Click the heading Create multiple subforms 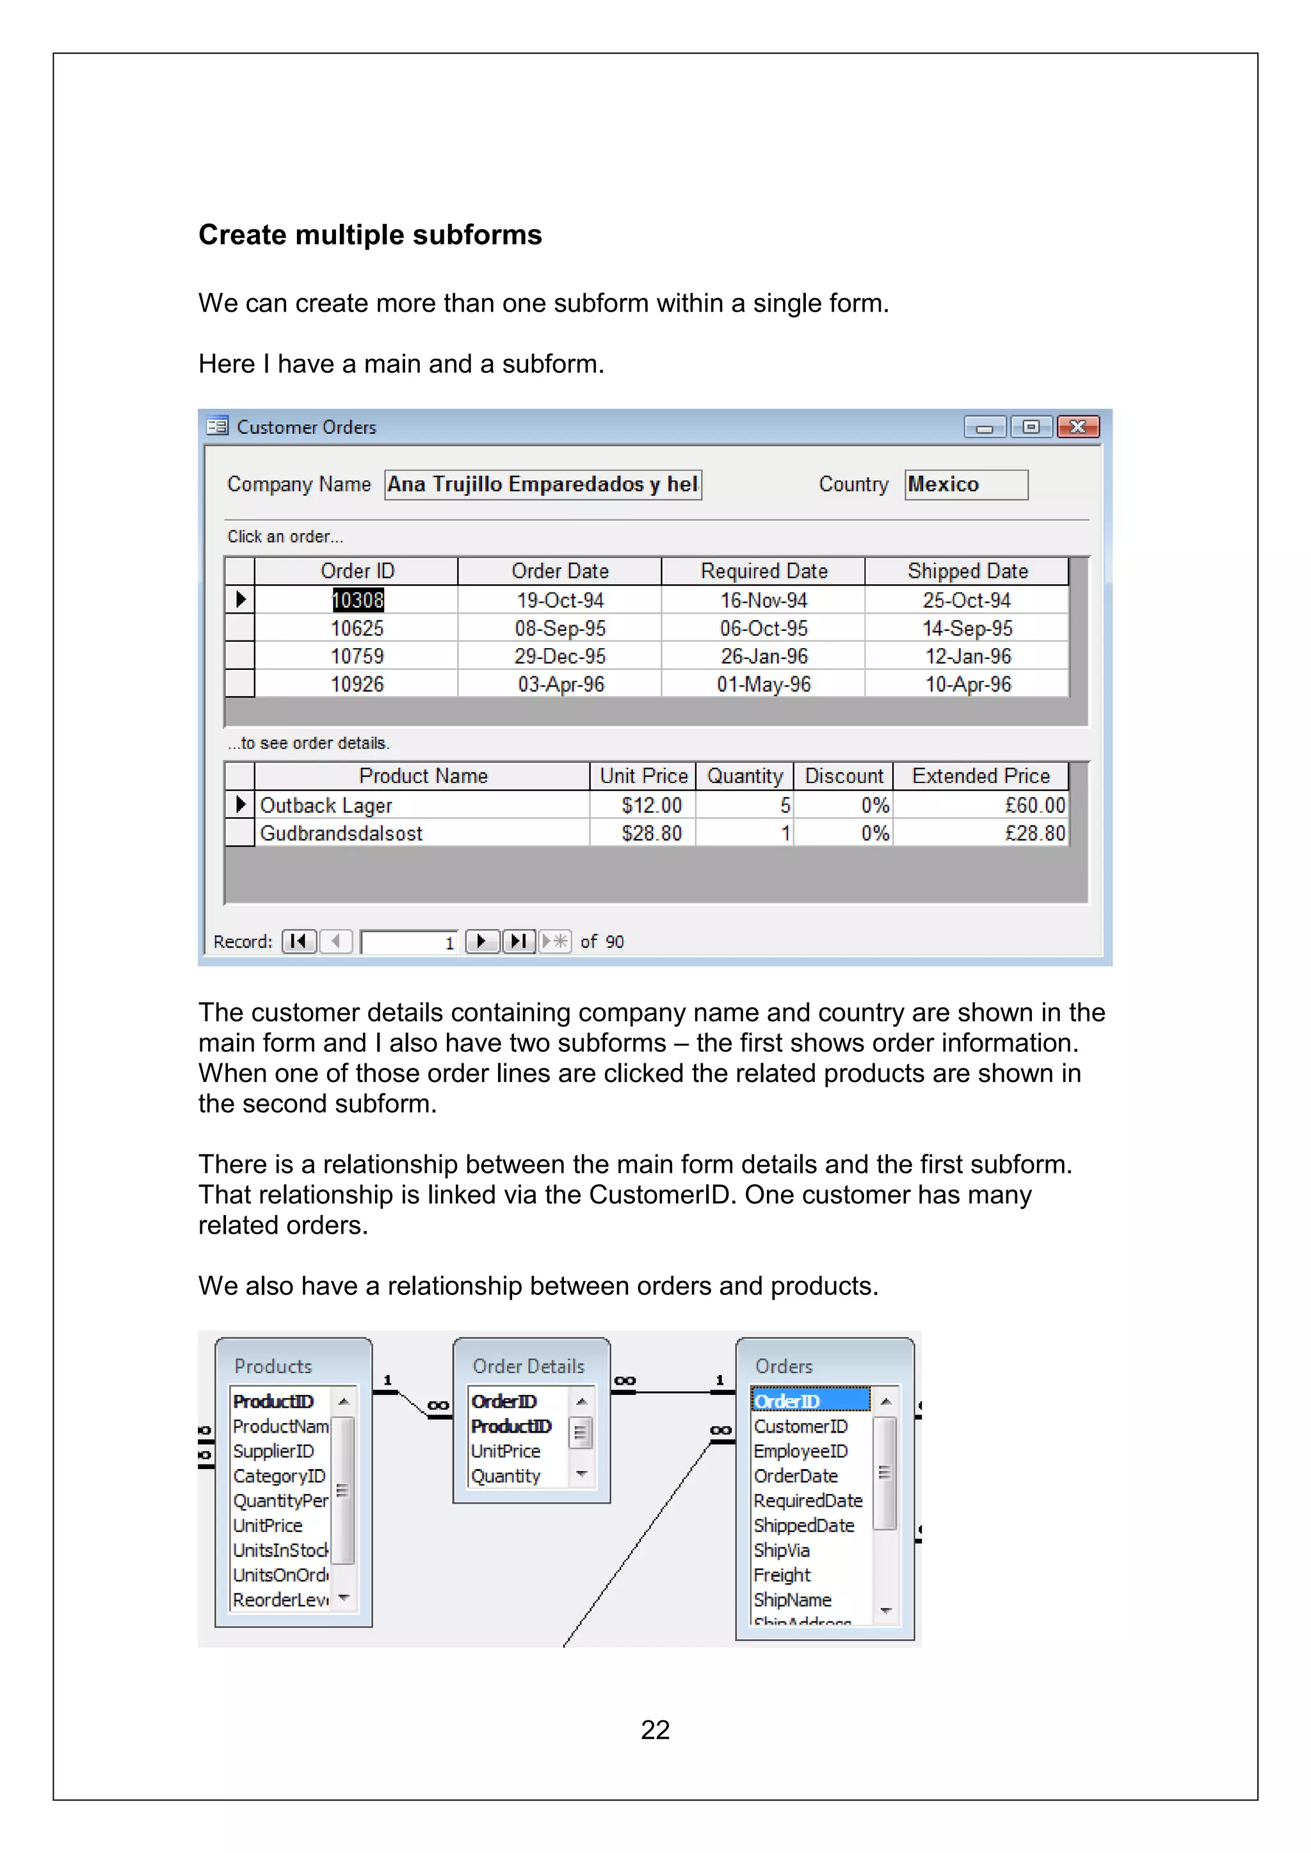(370, 235)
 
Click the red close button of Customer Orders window (1078, 427)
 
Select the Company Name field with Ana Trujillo (542, 484)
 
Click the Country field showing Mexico (965, 484)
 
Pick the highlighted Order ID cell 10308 (358, 600)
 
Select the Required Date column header (763, 571)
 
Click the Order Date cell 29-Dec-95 (559, 656)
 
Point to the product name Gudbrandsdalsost (341, 833)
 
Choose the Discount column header (844, 775)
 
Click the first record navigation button (299, 941)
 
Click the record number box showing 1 (409, 942)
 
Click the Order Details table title (528, 1366)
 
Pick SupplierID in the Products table (273, 1451)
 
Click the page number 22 (655, 1730)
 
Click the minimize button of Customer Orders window (984, 427)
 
